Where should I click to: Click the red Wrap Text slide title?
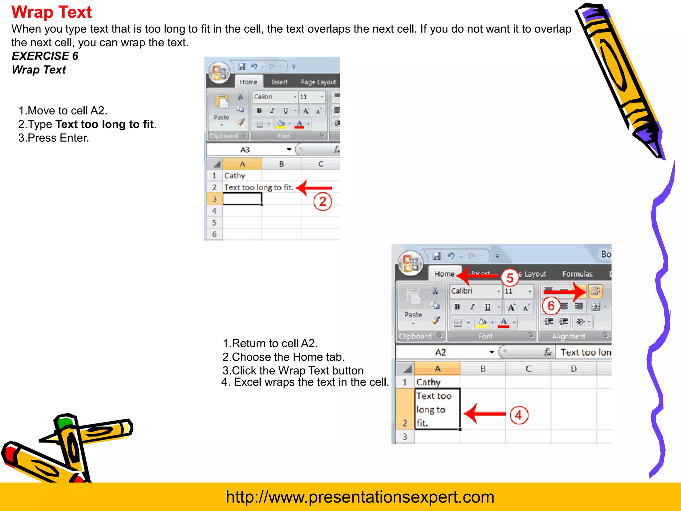coord(52,12)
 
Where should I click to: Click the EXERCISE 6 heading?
coord(45,56)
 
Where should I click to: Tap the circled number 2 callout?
coord(323,202)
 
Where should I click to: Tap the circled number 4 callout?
coord(519,415)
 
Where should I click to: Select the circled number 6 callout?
coord(551,305)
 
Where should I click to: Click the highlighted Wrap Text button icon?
coord(595,291)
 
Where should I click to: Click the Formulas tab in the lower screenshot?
coord(577,274)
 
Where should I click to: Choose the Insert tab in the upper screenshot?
coord(279,82)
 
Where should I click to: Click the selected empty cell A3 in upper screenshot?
coord(242,199)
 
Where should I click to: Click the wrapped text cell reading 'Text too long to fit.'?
coord(437,409)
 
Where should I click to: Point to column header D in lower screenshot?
coord(573,369)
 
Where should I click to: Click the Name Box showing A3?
coord(245,150)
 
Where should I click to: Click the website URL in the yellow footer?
coord(360,497)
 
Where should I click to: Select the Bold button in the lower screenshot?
coord(457,307)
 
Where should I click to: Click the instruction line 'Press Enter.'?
coord(54,138)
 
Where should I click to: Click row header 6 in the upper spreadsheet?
coord(214,234)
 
